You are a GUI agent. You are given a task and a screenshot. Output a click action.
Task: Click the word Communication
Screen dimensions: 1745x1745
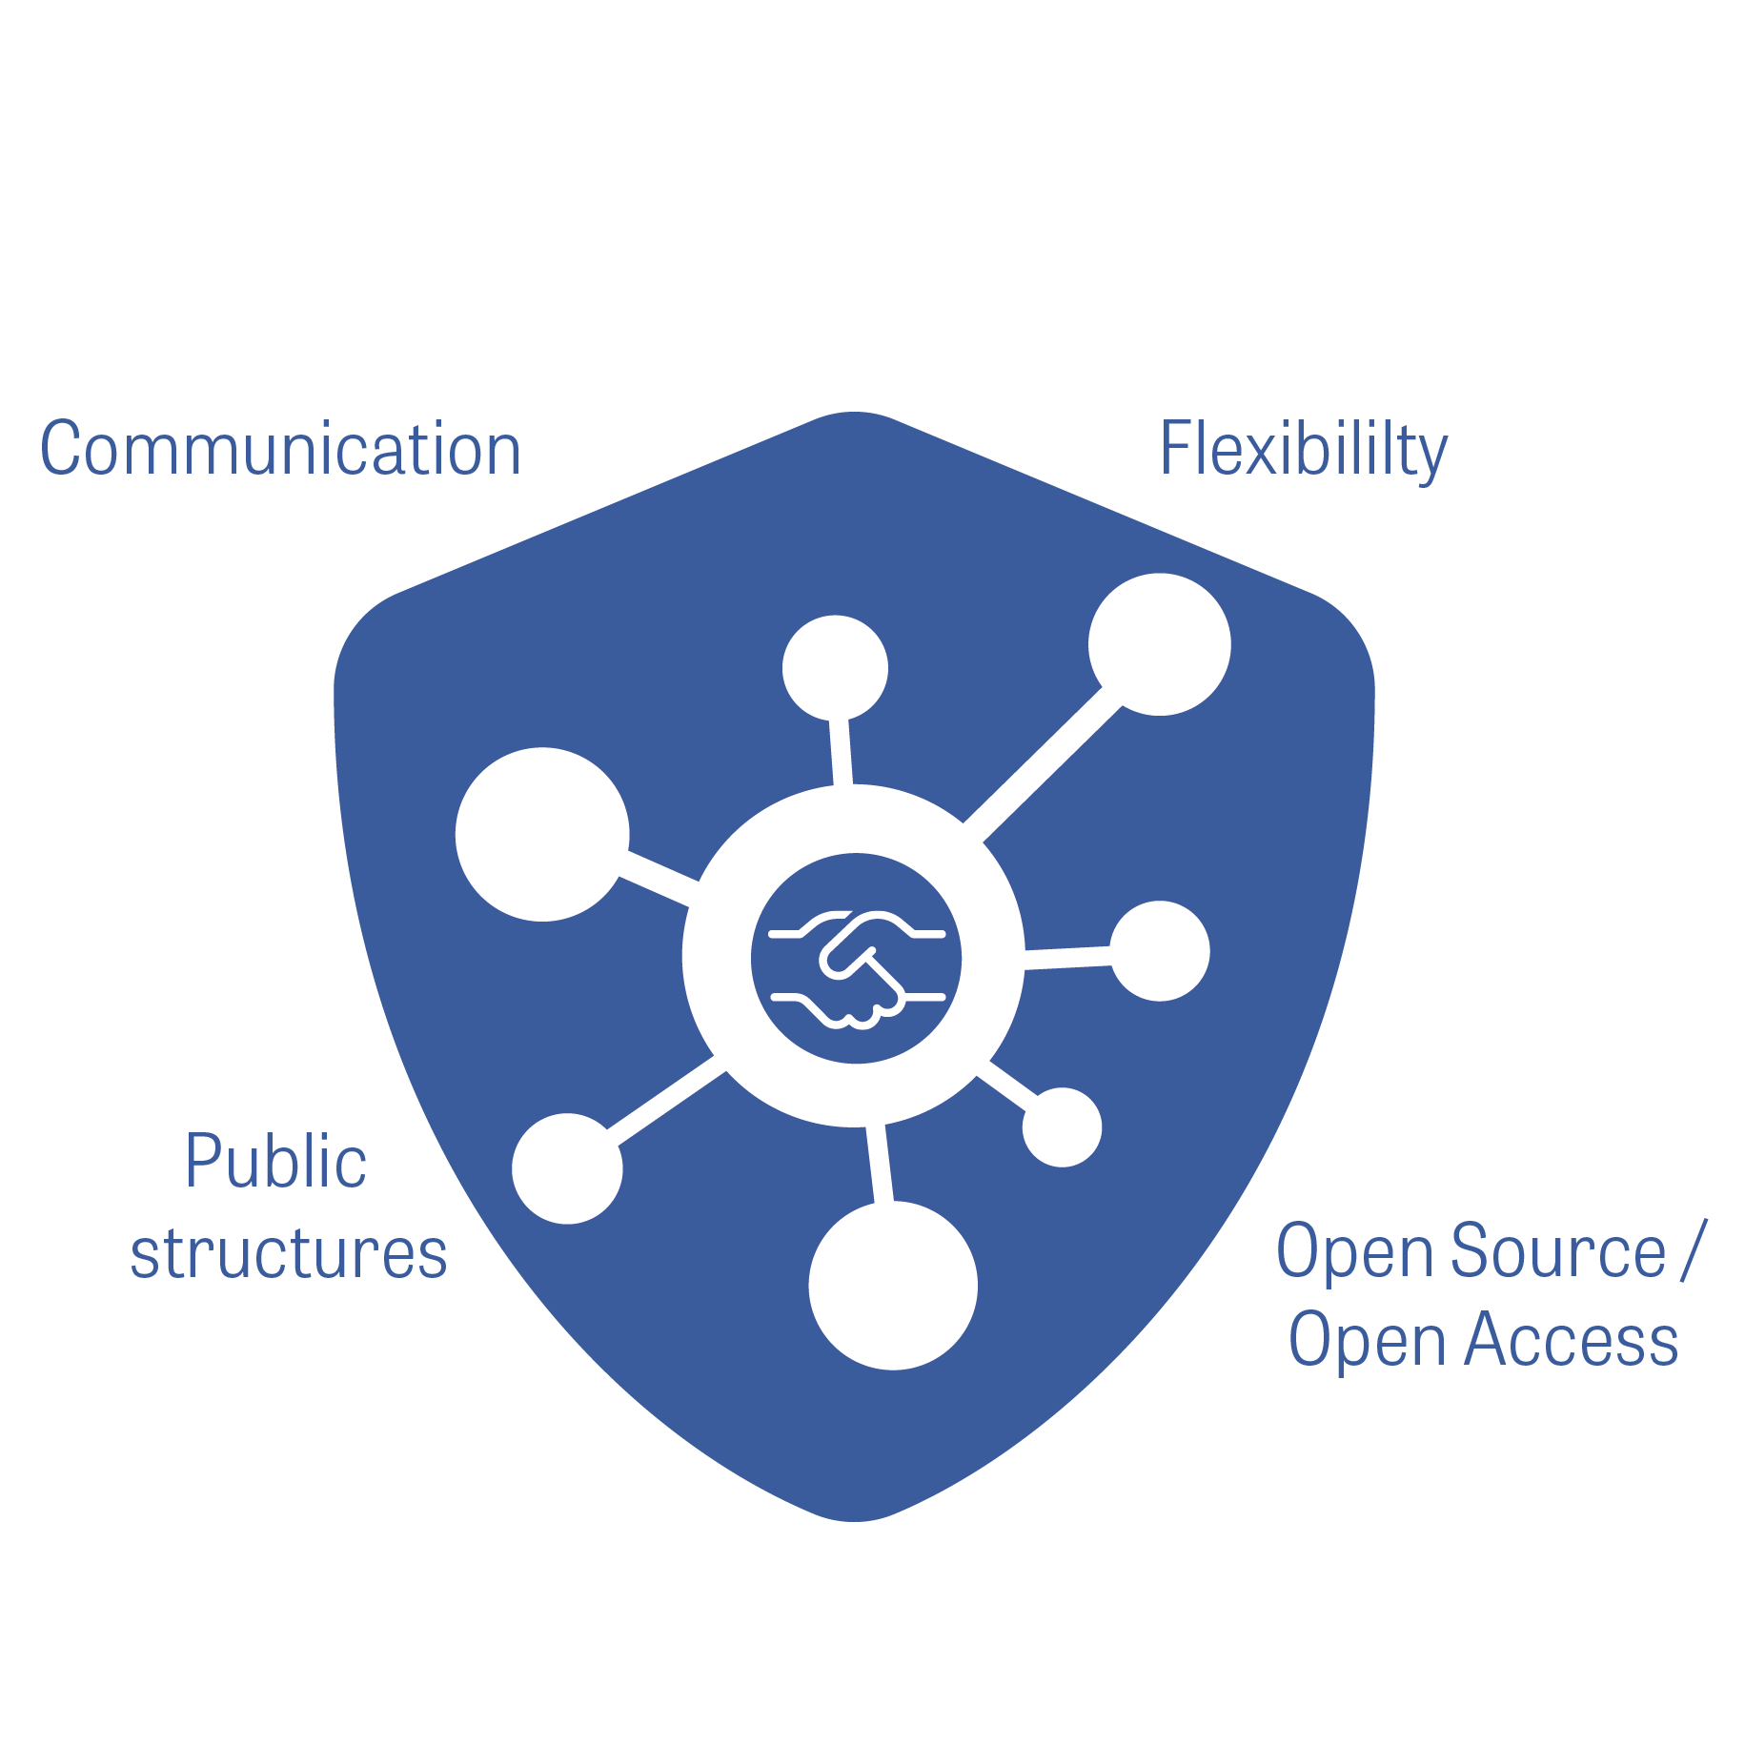point(280,449)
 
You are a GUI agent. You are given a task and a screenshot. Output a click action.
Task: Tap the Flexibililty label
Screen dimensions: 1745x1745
point(1303,450)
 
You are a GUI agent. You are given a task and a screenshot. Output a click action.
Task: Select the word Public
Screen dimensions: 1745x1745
point(275,1162)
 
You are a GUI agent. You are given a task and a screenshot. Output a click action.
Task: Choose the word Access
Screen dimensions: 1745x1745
point(1571,1339)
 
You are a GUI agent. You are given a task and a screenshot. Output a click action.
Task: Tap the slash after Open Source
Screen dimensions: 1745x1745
point(1693,1250)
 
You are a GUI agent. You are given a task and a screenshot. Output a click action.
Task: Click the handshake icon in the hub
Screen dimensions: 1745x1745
point(856,959)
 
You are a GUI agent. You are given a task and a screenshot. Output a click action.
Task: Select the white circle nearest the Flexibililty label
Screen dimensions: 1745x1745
point(1159,644)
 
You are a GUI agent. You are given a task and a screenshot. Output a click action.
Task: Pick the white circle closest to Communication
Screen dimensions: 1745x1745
point(542,834)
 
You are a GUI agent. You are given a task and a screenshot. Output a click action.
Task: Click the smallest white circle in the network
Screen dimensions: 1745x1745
point(1062,1127)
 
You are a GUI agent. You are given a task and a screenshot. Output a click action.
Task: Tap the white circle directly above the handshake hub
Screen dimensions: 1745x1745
point(835,668)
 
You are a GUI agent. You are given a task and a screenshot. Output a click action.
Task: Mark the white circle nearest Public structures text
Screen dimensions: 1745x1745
point(567,1168)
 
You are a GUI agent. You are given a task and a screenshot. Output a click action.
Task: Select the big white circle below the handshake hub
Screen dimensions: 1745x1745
point(893,1285)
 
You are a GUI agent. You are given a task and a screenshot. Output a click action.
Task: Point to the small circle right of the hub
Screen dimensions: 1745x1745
point(1160,951)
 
